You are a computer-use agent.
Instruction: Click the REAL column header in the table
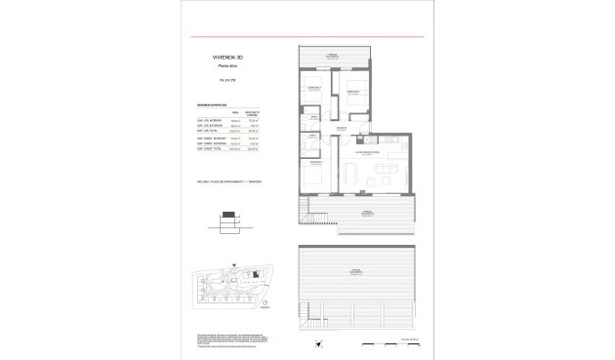click(234, 112)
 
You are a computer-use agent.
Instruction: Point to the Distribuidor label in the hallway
click(340, 129)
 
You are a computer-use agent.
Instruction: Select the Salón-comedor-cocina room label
click(368, 153)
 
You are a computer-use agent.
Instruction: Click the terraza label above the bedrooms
click(333, 57)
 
